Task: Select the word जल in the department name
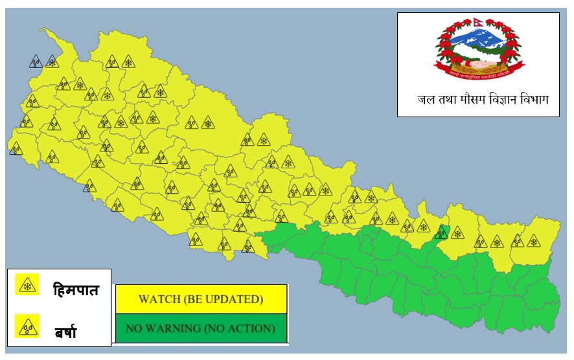[x=426, y=100]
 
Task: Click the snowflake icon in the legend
[x=27, y=285]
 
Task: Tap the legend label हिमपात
[x=76, y=289]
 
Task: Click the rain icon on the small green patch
[x=442, y=231]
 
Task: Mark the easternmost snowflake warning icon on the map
[x=533, y=241]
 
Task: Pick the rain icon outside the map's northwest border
[x=36, y=62]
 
